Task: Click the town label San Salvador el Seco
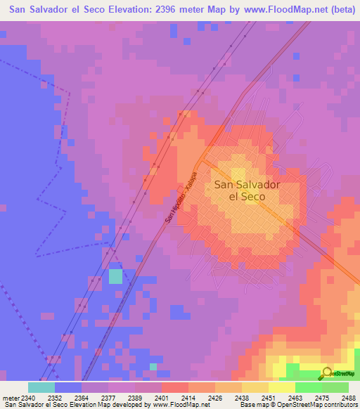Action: [x=247, y=190]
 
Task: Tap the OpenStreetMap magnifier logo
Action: [x=326, y=373]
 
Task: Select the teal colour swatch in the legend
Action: [x=41, y=387]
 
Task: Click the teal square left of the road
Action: [x=115, y=276]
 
